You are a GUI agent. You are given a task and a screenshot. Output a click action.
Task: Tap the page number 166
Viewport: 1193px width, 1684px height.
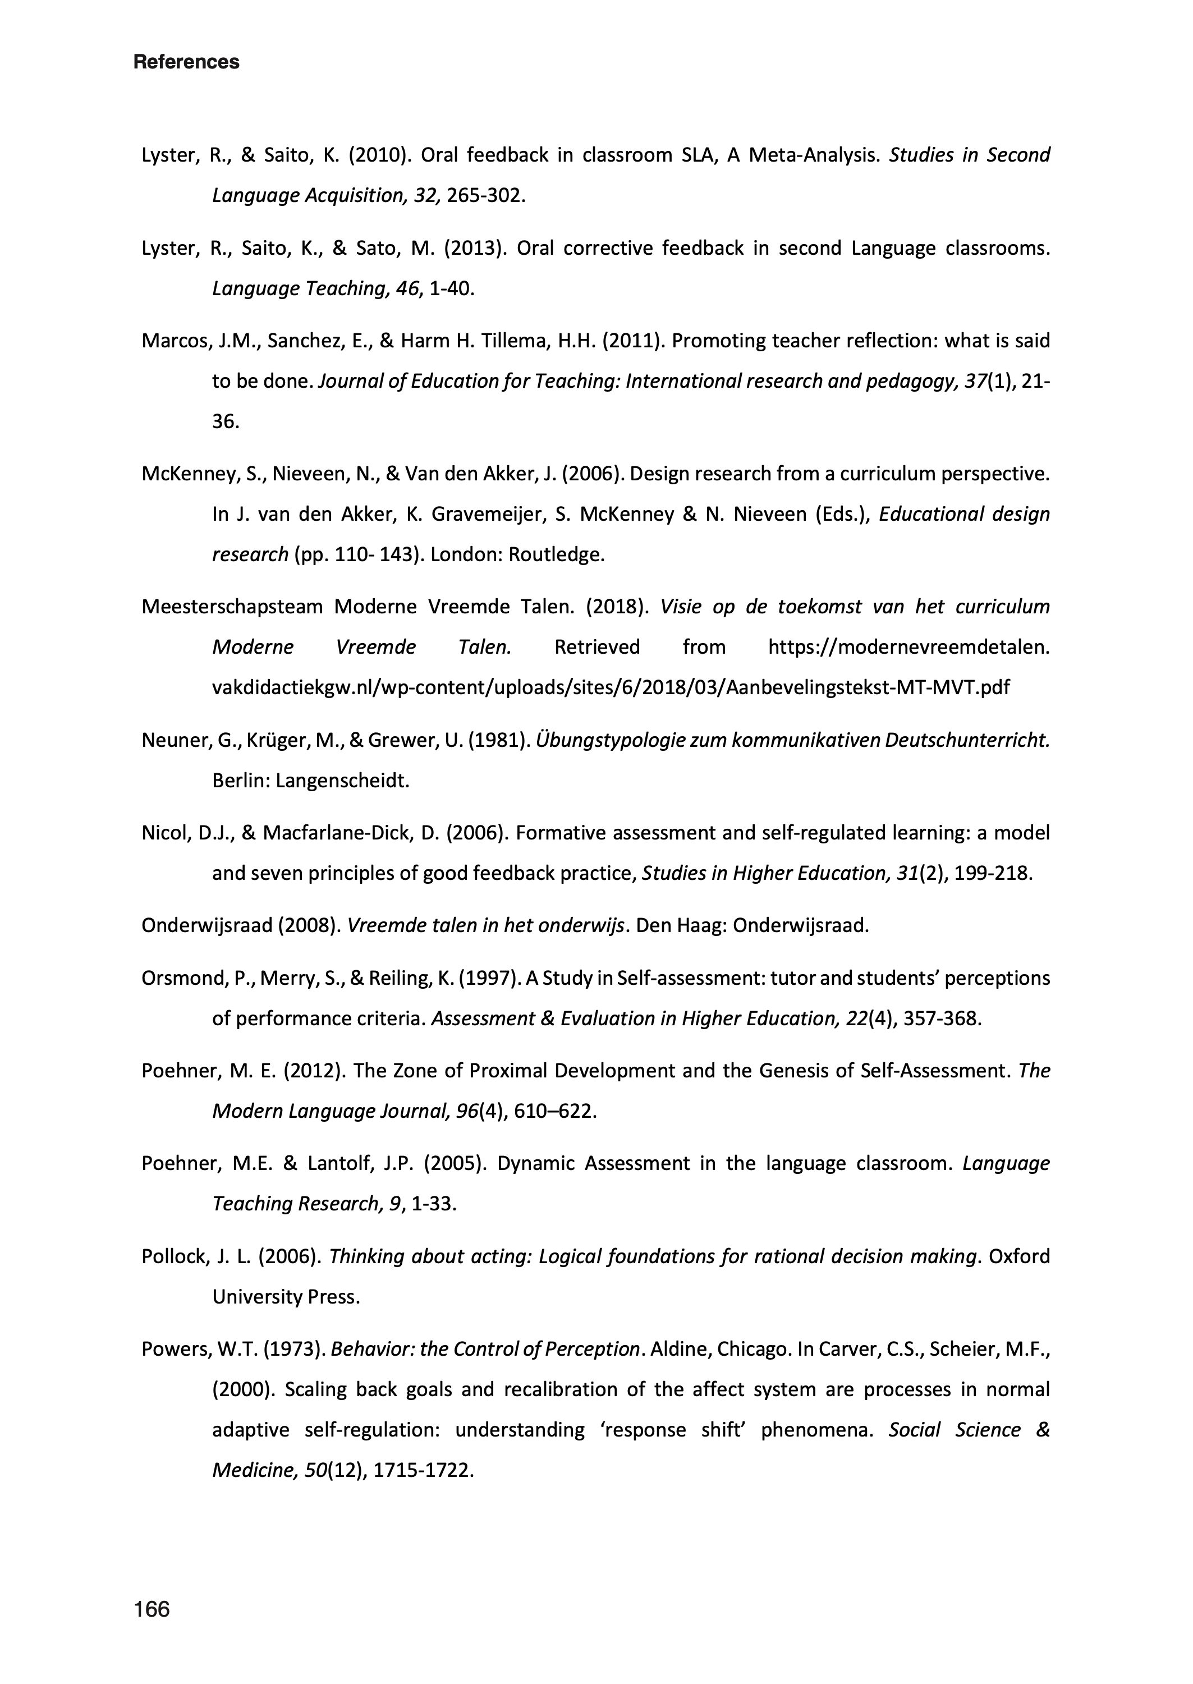(x=152, y=1609)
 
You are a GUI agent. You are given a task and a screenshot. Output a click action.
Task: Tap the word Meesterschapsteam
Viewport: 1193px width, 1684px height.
(x=232, y=607)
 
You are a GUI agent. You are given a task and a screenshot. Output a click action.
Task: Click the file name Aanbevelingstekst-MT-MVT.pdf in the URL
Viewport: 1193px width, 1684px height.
(x=867, y=687)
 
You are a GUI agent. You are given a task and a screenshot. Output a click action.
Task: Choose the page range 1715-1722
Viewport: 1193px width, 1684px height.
(x=423, y=1470)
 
